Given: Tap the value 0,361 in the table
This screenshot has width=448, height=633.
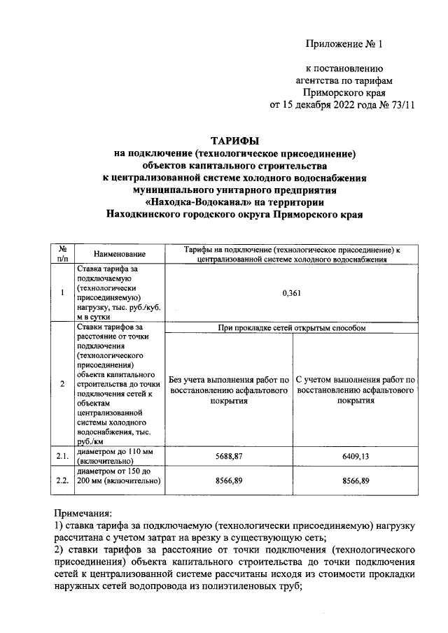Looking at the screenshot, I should pyautogui.click(x=291, y=293).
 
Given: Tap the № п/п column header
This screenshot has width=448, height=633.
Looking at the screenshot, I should pyautogui.click(x=62, y=253).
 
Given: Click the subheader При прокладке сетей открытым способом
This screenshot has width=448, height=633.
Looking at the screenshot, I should pyautogui.click(x=291, y=327).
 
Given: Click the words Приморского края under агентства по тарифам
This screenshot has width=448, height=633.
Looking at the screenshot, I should pyautogui.click(x=344, y=93).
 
